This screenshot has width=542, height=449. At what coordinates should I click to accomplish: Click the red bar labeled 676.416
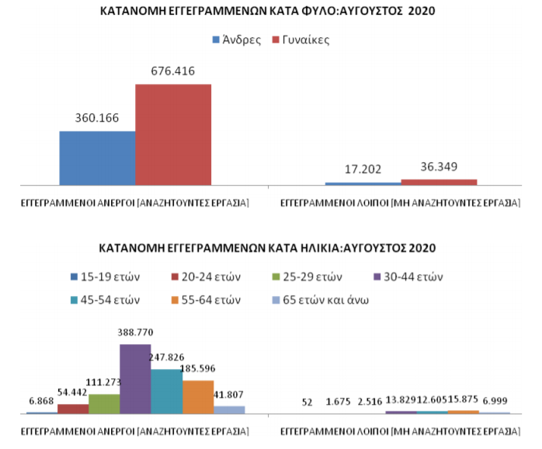tap(173, 134)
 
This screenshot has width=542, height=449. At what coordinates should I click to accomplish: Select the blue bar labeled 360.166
tap(98, 158)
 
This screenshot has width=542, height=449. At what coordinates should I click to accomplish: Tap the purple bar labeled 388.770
tap(135, 379)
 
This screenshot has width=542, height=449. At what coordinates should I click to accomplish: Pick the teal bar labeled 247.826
tap(167, 392)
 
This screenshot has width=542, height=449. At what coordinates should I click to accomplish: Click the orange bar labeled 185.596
tap(198, 397)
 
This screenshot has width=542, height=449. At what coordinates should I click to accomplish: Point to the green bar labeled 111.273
tap(104, 404)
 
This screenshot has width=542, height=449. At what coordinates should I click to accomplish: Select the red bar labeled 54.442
tap(73, 409)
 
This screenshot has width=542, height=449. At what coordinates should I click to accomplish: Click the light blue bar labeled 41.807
tap(229, 409)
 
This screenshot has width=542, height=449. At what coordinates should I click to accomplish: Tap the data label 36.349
tap(439, 167)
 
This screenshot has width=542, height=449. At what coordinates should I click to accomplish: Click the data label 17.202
tap(363, 169)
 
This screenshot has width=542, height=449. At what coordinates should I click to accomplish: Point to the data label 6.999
tap(495, 401)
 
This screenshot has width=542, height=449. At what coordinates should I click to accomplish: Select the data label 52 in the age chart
tap(307, 402)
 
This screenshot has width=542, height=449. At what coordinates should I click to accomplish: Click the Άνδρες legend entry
tap(237, 40)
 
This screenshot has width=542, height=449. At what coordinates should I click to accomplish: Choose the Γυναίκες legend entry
tap(301, 40)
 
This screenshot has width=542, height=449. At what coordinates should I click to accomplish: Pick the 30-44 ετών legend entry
tap(408, 277)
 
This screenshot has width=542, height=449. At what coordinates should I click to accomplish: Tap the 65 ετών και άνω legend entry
tap(321, 300)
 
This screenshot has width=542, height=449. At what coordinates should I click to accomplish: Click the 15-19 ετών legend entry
tap(105, 277)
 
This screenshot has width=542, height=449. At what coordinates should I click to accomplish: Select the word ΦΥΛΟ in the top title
tap(318, 11)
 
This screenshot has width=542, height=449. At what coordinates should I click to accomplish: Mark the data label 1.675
tap(338, 402)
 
